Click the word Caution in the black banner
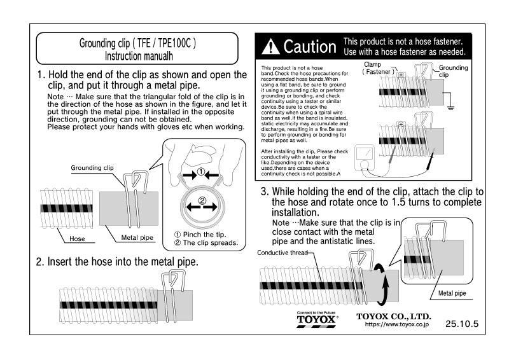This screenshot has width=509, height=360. click(309, 46)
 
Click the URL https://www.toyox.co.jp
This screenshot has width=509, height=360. click(398, 324)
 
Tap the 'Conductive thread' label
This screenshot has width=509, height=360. click(282, 253)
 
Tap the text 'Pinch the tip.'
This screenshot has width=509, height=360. click(205, 233)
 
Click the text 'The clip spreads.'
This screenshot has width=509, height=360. click(210, 243)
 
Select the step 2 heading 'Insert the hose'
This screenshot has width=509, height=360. click(118, 261)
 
